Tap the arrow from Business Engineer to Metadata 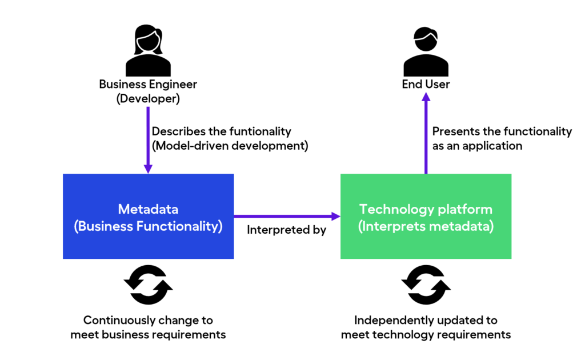point(148,143)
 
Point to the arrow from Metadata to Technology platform point(286,216)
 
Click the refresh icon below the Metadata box point(148,284)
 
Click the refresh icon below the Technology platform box point(426,284)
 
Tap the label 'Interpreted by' point(286,230)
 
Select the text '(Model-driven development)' point(230,146)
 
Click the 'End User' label point(426,85)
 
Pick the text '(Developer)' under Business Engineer point(148,99)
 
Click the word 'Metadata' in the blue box point(148,209)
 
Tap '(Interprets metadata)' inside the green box point(426,226)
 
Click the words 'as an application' point(477,146)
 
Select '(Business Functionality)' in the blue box point(148,226)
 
